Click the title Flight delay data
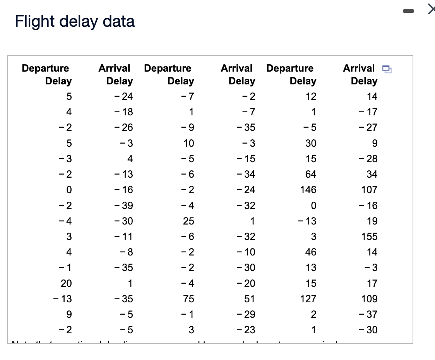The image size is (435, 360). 75,22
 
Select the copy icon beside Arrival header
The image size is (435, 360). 387,69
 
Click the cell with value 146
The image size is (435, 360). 308,190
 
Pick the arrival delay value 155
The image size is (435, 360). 369,237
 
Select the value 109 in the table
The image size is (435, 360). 369,299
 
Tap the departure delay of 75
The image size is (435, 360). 188,299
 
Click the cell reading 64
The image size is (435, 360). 310,174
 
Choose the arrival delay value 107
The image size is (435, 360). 369,190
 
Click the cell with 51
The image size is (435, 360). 250,299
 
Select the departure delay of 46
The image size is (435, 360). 310,252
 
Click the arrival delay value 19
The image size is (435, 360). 372,221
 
